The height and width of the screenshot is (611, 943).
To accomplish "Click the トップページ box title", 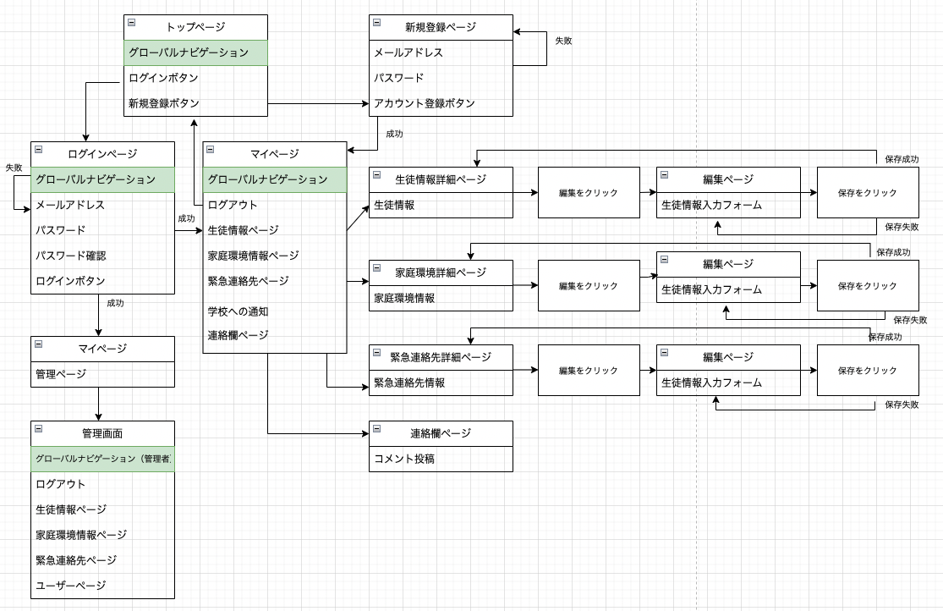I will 195,27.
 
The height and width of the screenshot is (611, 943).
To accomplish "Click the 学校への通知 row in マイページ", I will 238,311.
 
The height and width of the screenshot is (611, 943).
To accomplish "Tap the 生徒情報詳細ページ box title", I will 441,179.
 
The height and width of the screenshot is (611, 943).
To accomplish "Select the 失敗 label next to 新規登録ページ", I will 563,40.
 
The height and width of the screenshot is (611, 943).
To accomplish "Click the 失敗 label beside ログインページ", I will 14,168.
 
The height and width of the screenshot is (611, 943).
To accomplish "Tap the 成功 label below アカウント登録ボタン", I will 394,134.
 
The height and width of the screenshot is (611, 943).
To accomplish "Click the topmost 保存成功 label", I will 902,159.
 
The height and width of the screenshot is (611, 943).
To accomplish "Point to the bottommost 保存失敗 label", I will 902,405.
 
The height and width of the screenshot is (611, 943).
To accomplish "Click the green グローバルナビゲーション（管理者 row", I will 103,459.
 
